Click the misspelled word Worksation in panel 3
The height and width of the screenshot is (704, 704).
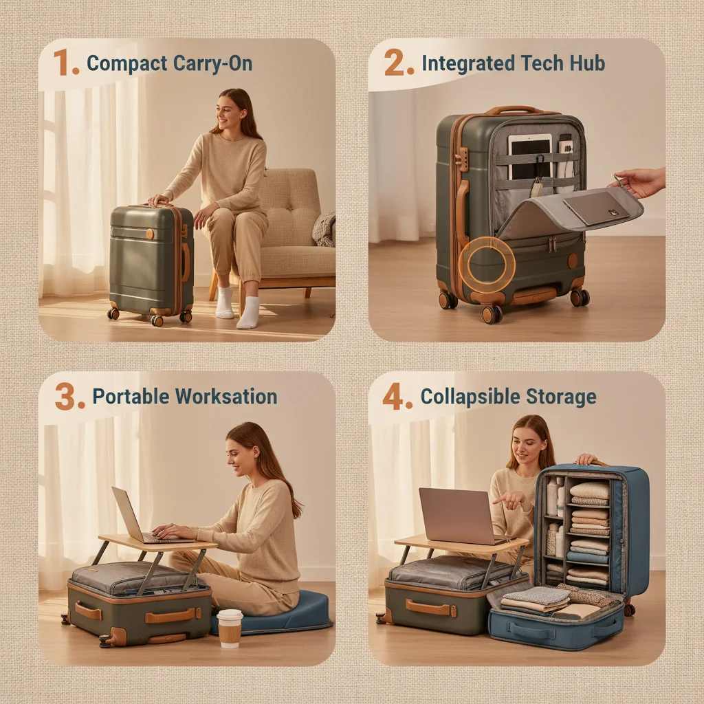(x=227, y=397)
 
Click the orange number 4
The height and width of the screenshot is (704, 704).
(x=396, y=397)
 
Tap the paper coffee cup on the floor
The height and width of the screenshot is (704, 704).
(x=230, y=627)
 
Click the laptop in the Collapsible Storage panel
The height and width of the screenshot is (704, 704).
(x=457, y=516)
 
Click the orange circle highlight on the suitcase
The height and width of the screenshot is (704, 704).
(x=487, y=264)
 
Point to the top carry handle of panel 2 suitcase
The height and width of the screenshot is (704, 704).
(x=514, y=110)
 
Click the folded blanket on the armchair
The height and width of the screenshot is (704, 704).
(x=324, y=229)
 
